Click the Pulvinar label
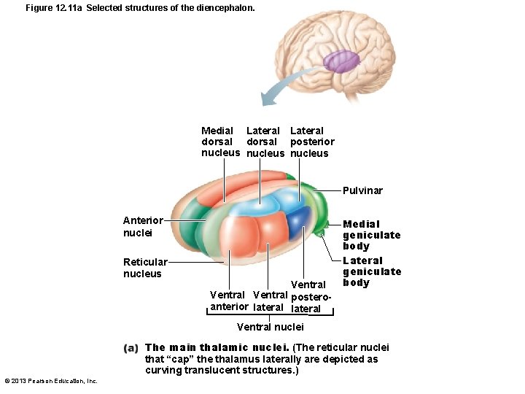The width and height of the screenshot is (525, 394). [362, 190]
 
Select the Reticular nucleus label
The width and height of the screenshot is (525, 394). [144, 268]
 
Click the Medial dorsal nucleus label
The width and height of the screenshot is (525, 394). [220, 142]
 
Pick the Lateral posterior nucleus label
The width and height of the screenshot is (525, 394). [312, 142]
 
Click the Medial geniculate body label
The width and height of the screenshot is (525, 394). [371, 235]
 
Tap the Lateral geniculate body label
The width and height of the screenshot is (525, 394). [371, 271]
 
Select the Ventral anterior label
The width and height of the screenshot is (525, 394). [229, 301]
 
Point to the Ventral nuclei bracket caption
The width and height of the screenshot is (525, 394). [271, 327]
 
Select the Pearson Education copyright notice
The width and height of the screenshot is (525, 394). [51, 381]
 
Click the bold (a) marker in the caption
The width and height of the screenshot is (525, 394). [131, 348]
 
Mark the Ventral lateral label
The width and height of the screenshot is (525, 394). [269, 301]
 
